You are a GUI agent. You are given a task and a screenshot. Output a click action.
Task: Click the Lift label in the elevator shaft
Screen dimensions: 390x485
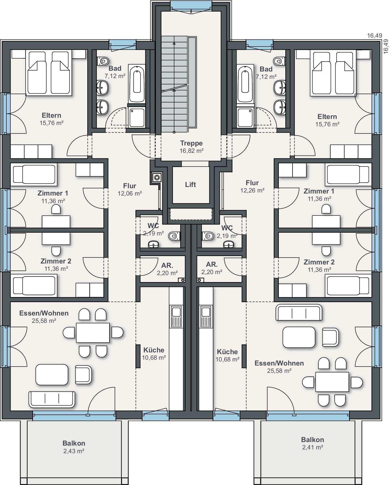[190, 185]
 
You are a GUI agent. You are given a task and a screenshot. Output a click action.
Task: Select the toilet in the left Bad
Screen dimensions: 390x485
[103, 61]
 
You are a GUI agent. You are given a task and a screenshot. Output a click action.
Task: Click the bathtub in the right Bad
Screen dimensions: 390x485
[245, 84]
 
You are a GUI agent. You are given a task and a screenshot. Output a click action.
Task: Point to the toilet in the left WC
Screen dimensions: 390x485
[174, 236]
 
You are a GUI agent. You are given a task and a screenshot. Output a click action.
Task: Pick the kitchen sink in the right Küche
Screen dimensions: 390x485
[206, 316]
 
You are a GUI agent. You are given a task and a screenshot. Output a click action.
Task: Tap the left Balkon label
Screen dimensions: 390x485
[74, 443]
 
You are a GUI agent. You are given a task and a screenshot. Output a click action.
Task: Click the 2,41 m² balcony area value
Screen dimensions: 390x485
[313, 447]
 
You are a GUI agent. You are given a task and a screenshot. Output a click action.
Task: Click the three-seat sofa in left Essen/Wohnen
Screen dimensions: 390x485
[52, 399]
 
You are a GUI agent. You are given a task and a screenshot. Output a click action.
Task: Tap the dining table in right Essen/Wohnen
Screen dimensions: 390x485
[332, 382]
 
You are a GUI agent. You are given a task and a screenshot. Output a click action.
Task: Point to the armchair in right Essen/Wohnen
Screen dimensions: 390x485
[330, 337]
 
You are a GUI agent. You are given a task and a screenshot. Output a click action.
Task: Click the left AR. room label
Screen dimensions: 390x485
[167, 265]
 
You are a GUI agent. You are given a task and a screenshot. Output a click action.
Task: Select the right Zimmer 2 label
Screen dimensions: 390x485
[319, 262]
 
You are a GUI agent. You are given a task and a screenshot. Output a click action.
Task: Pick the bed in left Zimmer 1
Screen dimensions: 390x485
[34, 174]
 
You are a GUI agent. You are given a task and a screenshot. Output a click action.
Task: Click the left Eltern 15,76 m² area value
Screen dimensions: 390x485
[51, 123]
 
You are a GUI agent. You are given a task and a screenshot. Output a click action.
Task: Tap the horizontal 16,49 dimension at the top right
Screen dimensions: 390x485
[375, 36]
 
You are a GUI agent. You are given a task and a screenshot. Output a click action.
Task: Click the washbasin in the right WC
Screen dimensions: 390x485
[229, 244]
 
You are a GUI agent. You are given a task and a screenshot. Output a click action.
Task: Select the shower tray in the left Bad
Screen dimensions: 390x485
[137, 117]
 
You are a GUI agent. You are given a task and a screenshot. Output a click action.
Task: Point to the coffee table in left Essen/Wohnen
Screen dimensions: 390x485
[52, 374]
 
